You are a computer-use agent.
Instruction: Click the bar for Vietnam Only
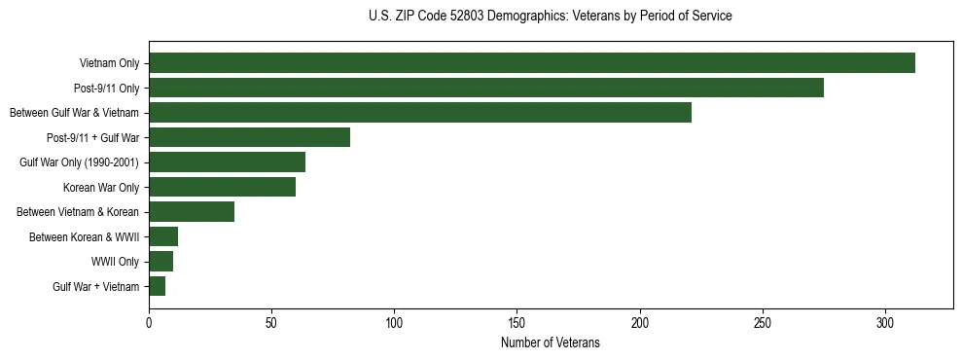coord(531,63)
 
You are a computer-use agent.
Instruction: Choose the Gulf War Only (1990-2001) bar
coord(227,162)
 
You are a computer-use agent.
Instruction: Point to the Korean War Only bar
coord(222,187)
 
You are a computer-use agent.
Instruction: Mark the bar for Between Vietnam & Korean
coord(192,212)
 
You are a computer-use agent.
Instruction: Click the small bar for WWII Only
coord(160,262)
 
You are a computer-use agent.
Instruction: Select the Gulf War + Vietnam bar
coord(157,286)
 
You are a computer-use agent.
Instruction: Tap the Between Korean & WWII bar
coord(163,236)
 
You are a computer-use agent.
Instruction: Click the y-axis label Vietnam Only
coord(109,63)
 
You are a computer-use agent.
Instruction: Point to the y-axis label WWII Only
coord(115,262)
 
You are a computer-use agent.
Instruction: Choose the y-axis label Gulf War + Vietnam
coord(95,286)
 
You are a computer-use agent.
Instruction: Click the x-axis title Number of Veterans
coord(551,343)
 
